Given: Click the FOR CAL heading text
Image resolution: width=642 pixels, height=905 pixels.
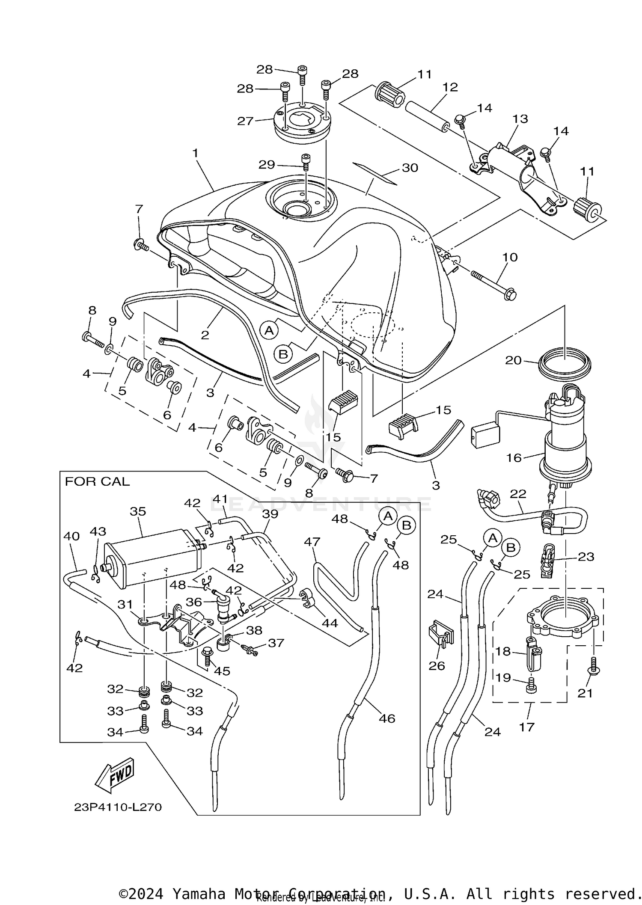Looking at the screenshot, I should (x=97, y=481).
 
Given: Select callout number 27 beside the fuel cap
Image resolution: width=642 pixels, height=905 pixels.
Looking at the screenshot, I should (x=246, y=121).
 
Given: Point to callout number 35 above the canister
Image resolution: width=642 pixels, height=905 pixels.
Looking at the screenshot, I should (x=138, y=511).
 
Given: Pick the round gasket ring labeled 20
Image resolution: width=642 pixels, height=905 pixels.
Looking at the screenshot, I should (x=565, y=365).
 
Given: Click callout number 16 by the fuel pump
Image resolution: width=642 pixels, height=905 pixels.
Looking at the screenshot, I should (x=514, y=458).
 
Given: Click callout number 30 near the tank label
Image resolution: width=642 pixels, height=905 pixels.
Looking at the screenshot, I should (x=410, y=168).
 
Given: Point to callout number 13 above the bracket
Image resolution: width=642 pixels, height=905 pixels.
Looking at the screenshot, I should (x=520, y=119).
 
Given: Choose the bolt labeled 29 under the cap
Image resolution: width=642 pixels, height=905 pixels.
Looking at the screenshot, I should (x=306, y=162).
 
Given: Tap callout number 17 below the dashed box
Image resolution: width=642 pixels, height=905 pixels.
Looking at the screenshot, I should (x=526, y=727).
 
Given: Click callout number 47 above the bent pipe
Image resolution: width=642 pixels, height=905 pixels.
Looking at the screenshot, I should (x=312, y=542).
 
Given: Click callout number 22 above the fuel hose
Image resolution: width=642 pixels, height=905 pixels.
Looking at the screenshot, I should (x=518, y=493).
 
